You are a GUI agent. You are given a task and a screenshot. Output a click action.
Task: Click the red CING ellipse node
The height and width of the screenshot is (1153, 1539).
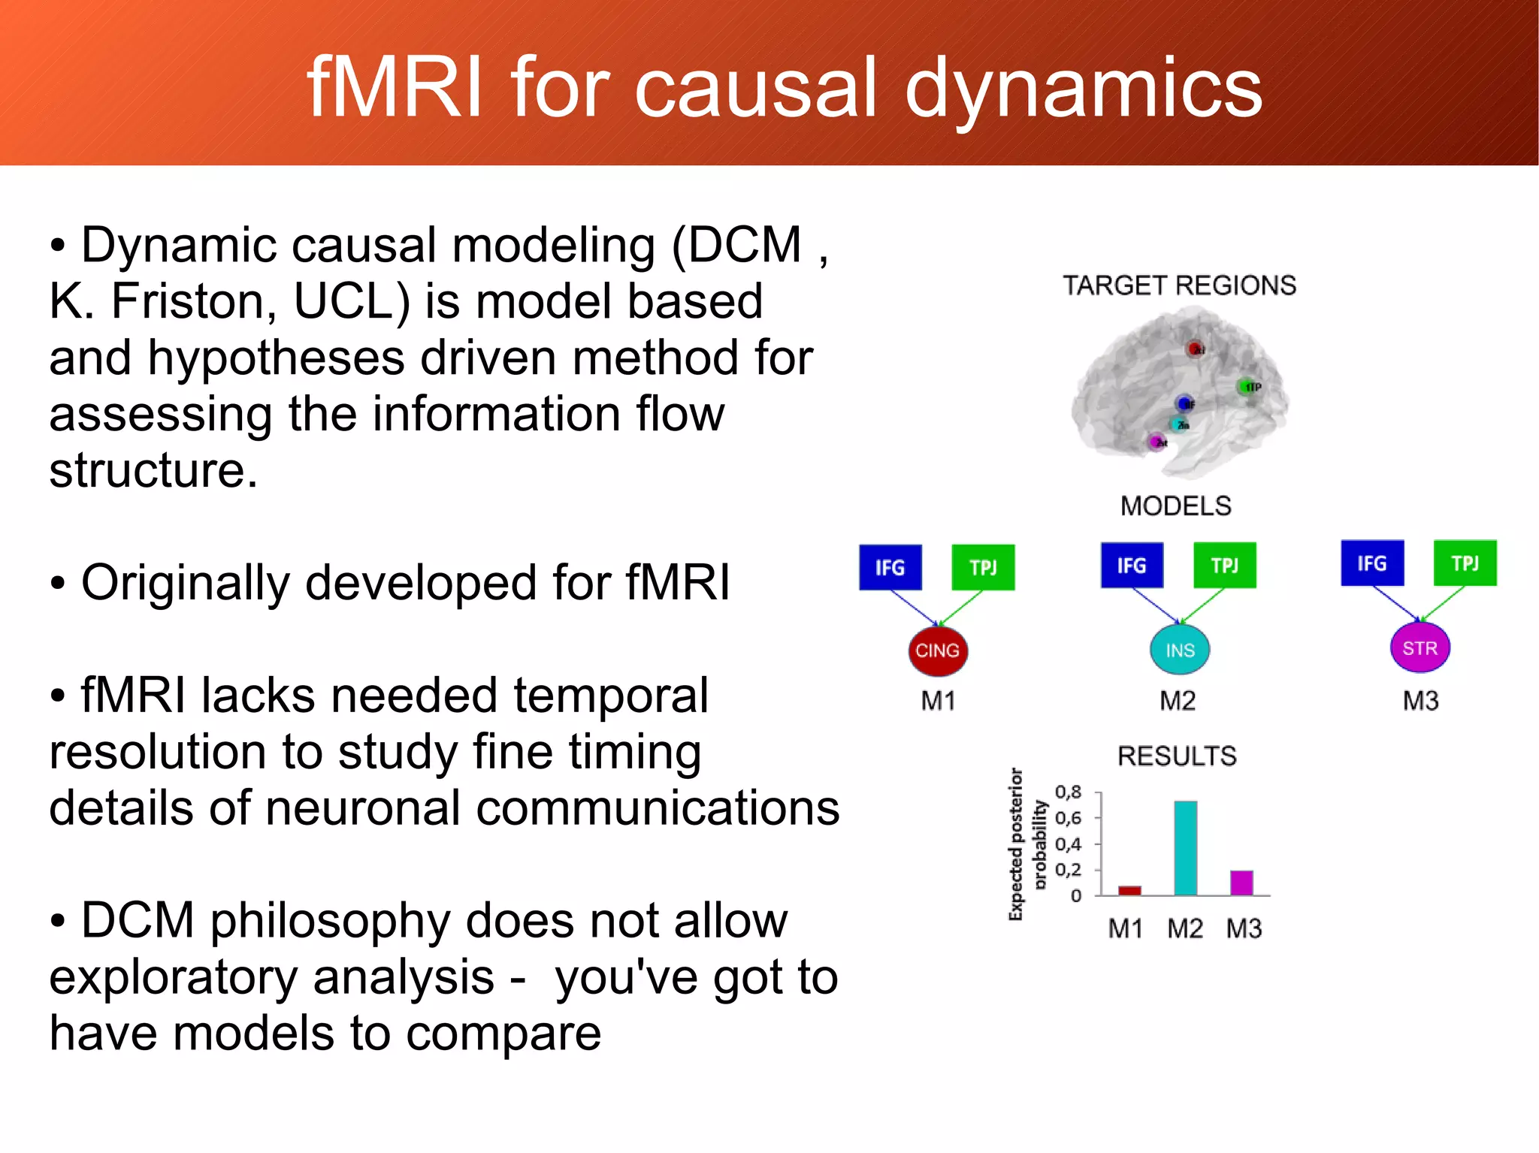pos(937,650)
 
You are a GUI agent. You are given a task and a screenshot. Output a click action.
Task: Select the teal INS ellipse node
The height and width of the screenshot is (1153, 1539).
pos(1179,650)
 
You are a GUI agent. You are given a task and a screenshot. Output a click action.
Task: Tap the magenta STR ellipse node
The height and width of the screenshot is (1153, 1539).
pos(1420,647)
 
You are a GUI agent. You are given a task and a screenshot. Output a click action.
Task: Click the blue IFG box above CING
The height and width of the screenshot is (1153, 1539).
pos(890,567)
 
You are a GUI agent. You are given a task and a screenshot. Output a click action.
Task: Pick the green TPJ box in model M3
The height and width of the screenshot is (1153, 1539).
pos(1465,563)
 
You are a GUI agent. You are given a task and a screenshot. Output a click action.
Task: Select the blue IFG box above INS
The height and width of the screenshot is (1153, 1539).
pos(1131,565)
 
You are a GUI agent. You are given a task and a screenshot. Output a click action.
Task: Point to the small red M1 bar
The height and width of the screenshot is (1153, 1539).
pos(1129,890)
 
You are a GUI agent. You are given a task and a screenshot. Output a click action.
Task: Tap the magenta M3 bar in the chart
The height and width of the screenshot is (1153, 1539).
pos(1241,883)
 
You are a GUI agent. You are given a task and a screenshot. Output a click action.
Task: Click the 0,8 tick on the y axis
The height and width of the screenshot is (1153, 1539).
pos(1068,792)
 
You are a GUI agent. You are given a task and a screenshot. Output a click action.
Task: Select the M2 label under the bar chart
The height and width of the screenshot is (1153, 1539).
pos(1184,929)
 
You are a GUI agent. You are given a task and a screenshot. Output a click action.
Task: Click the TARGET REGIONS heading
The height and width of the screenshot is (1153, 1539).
pos(1178,285)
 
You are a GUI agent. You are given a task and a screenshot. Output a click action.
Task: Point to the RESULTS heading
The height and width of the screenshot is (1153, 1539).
pos(1177,756)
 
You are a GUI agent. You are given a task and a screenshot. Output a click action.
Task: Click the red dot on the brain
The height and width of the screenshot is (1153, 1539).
pos(1194,349)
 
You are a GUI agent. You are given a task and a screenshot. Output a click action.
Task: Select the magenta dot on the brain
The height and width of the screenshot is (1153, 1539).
pos(1156,442)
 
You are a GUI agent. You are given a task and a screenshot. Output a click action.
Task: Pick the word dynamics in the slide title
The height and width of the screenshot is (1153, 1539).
pos(1083,89)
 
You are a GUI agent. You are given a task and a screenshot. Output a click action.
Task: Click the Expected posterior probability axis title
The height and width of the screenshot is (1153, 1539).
pos(1027,844)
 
